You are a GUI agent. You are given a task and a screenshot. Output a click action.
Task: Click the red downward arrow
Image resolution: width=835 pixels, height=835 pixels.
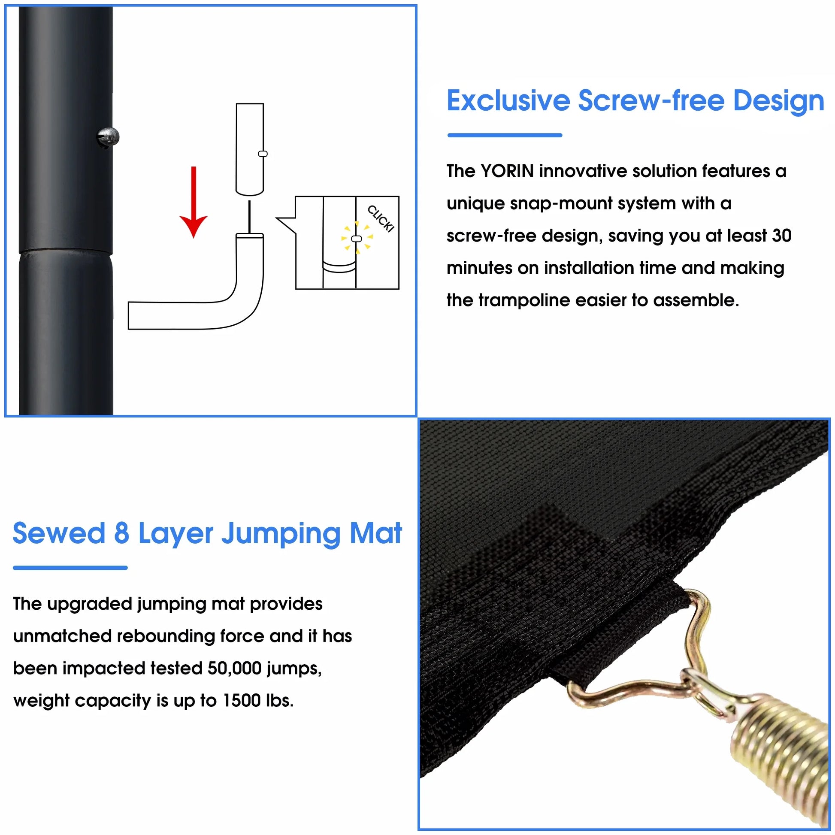(194, 202)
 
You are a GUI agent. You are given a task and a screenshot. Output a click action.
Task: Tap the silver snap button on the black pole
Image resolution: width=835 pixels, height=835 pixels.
(108, 138)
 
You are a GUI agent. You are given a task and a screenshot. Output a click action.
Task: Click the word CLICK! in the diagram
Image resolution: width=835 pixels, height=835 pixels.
(381, 219)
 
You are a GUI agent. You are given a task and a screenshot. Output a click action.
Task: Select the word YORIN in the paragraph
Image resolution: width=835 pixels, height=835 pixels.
(507, 171)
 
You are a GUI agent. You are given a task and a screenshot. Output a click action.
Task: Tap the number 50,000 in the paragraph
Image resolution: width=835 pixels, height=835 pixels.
(234, 668)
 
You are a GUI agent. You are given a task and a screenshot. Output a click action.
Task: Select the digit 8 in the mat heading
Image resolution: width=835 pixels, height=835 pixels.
(121, 533)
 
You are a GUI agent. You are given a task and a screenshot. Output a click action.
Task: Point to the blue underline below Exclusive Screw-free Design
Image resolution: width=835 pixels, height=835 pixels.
(505, 135)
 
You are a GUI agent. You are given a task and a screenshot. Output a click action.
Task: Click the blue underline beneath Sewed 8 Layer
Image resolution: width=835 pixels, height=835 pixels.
(70, 568)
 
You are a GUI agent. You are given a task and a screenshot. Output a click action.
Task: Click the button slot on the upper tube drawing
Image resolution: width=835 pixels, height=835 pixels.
(263, 154)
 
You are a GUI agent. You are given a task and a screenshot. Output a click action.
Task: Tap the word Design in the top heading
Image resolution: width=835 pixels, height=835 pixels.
(779, 102)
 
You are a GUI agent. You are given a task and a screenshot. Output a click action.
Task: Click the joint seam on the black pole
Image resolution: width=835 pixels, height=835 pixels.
(66, 251)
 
